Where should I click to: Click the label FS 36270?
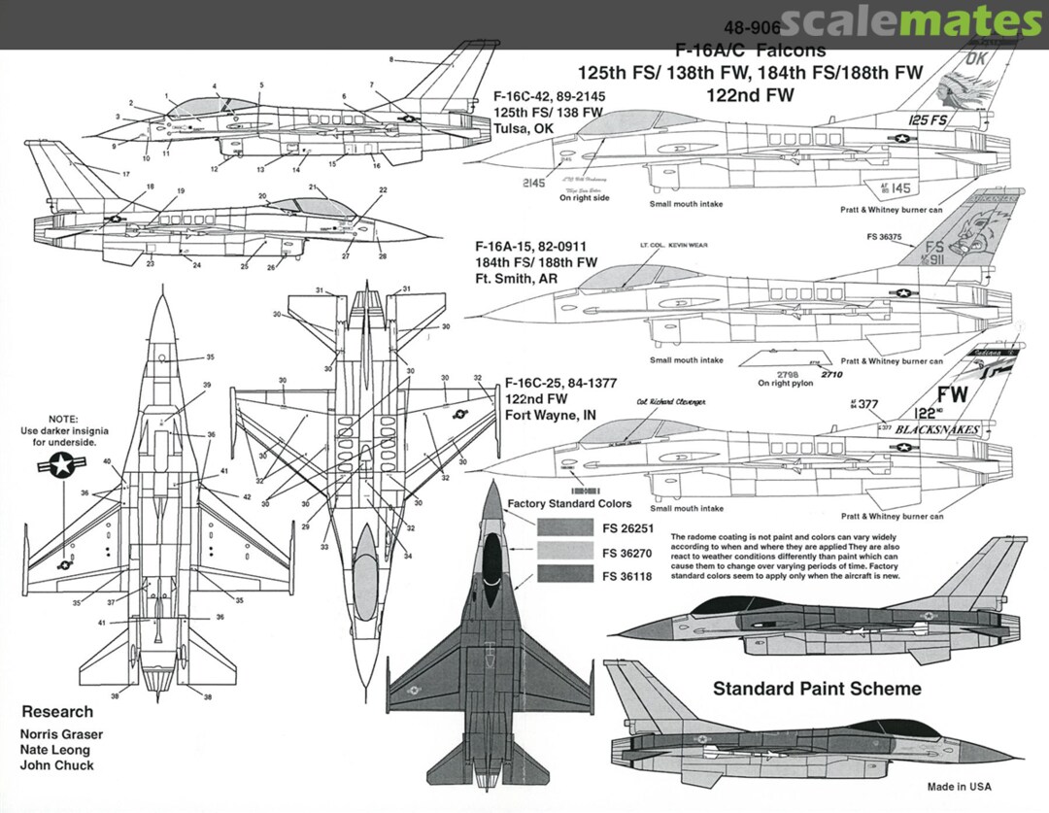point(626,553)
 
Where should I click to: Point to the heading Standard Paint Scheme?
point(817,689)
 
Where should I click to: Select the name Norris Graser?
point(62,734)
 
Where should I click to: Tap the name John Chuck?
point(57,765)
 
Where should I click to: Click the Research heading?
point(57,711)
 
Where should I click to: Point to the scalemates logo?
point(910,20)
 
